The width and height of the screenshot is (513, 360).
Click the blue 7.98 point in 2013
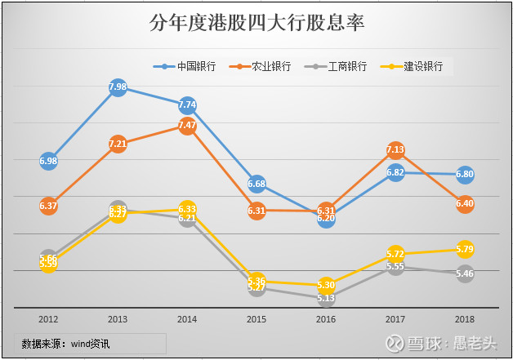[x=118, y=87]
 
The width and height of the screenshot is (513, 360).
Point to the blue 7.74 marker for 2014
[x=187, y=104]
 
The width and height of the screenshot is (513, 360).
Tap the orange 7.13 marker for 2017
[x=395, y=150]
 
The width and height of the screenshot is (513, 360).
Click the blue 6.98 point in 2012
[x=48, y=161]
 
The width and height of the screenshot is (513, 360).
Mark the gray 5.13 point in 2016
[x=326, y=298]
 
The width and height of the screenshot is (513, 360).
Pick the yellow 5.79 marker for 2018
[x=465, y=248]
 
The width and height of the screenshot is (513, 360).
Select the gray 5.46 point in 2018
[x=465, y=273]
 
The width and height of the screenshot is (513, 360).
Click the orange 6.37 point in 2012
[x=48, y=206]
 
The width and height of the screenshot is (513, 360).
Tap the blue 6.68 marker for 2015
[x=256, y=183]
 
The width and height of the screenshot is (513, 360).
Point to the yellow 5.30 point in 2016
[x=326, y=285]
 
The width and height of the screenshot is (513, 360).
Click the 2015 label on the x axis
[x=256, y=319]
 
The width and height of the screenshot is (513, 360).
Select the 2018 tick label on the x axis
[x=465, y=319]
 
